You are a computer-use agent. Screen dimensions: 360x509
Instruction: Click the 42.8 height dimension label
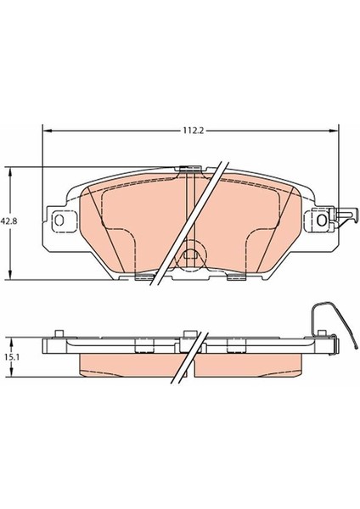click(x=8, y=221)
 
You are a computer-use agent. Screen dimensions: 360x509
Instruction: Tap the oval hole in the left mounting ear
click(x=59, y=220)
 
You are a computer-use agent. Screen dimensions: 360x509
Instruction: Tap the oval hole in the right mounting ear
click(x=322, y=220)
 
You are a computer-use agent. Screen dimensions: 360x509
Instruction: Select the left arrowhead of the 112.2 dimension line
click(x=48, y=131)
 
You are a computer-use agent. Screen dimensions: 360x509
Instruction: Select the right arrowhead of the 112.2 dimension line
click(x=334, y=131)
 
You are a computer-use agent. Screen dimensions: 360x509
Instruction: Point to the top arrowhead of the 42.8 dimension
click(x=11, y=172)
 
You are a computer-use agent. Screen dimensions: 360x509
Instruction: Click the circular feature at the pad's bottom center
click(x=192, y=254)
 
